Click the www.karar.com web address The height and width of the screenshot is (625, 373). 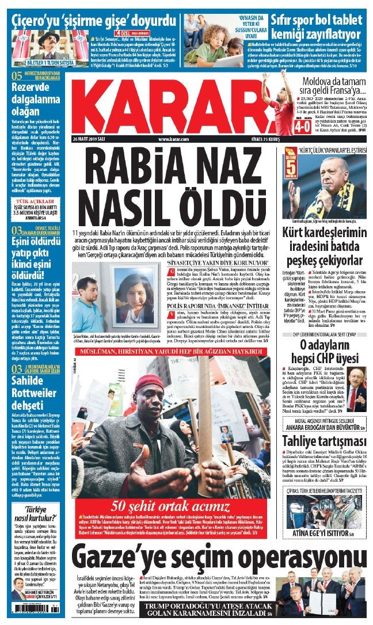pos(174,139)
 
